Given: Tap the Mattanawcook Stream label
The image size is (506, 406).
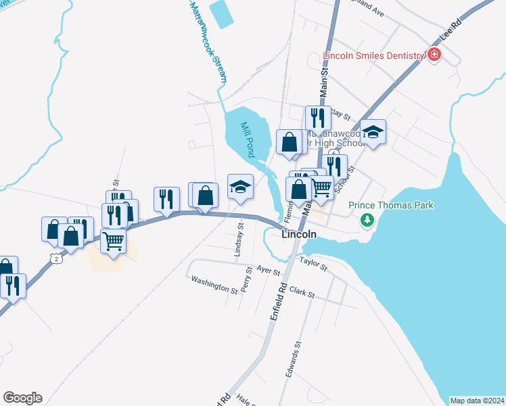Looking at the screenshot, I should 206,41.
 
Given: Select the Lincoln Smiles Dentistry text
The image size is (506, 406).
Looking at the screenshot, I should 373,55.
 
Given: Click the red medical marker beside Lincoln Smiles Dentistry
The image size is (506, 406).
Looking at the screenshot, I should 434,55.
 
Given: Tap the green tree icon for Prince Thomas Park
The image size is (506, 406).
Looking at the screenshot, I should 367,219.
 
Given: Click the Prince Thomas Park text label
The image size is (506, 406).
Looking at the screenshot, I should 390,205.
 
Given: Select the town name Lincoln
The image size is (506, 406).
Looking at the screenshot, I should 298,234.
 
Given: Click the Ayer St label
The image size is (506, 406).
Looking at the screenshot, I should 268,270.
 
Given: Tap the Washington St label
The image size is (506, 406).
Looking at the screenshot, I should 214,285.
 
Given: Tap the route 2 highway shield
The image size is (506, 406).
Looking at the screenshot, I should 55,258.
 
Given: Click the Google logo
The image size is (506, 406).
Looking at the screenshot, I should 22,398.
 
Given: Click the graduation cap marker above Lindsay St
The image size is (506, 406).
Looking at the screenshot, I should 240,187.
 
